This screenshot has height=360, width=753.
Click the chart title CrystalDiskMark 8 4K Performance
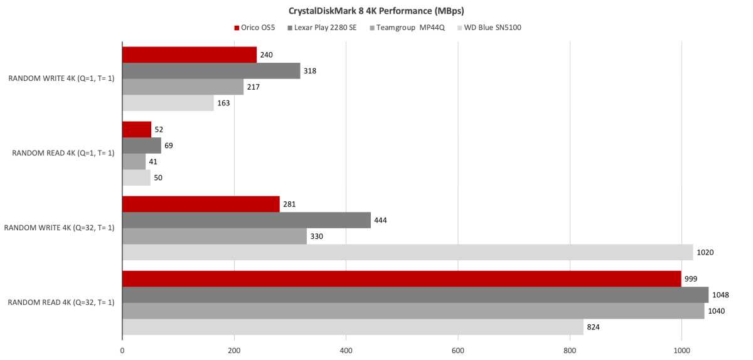[376, 11]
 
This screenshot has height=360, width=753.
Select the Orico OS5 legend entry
[257, 28]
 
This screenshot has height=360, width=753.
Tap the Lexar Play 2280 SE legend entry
[321, 28]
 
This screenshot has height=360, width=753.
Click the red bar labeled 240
[189, 55]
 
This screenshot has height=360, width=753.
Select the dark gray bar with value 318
[211, 71]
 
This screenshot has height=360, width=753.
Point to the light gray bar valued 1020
[407, 252]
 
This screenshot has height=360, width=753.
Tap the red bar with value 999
[402, 278]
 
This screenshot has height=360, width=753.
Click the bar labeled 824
[352, 327]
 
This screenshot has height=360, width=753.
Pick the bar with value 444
[246, 220]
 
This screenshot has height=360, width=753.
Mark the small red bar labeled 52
[137, 129]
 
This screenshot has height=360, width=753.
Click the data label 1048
[721, 295]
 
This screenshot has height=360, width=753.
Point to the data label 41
[154, 162]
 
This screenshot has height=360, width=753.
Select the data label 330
[317, 236]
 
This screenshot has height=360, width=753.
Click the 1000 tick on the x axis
[681, 352]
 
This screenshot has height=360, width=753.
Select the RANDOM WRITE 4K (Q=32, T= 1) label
[59, 228]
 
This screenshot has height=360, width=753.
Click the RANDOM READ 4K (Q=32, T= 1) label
[61, 302]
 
